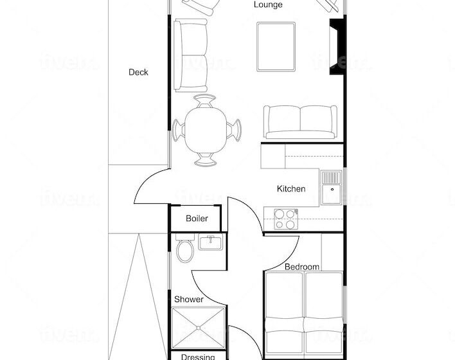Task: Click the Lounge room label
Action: coord(268,5)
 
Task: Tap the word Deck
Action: coord(138,72)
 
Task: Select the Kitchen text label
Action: coord(290,189)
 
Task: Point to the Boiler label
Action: coord(197,219)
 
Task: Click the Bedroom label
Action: coord(302,266)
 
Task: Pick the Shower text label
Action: coord(189,300)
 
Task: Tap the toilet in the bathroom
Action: coord(186,250)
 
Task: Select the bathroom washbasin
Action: coord(211,243)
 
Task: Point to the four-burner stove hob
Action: coord(286,219)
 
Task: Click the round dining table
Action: coord(205,129)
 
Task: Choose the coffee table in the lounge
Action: coord(276,47)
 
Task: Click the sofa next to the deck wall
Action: coord(191,55)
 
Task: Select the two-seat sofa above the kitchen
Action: coord(299,121)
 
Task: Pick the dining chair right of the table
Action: coord(236,129)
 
